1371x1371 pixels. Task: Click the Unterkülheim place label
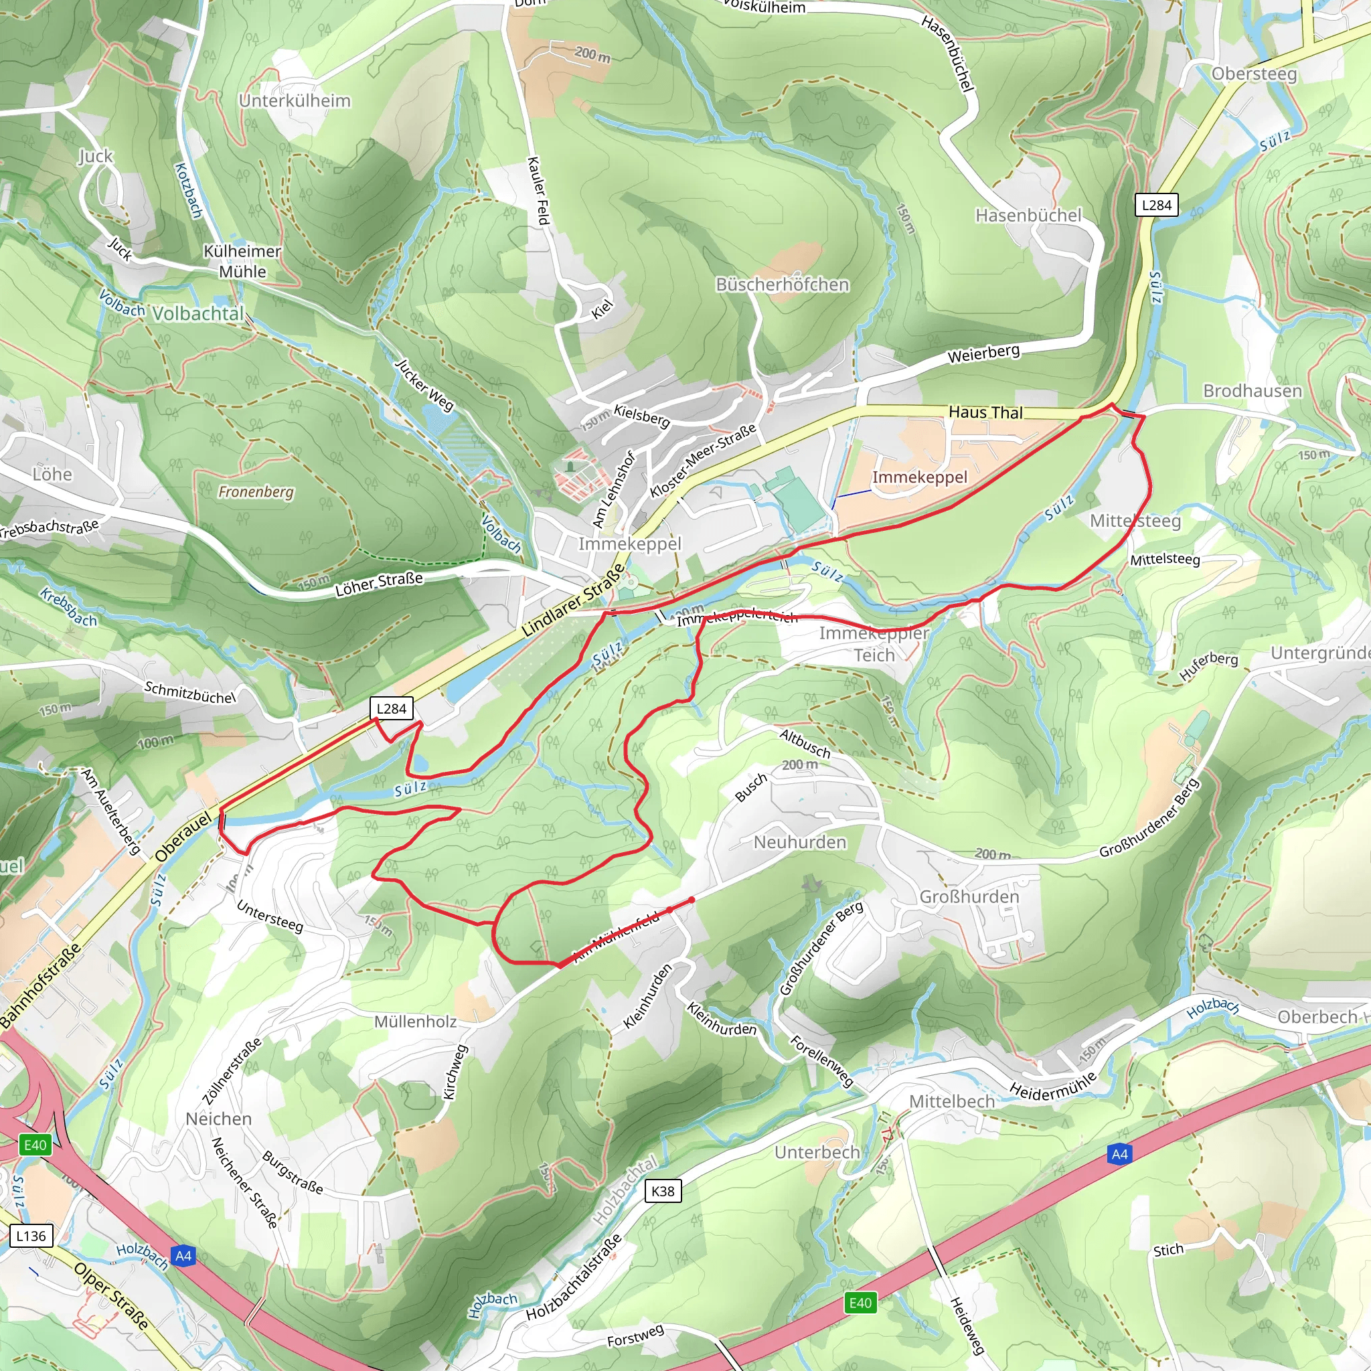click(295, 101)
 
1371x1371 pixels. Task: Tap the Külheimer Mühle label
click(242, 261)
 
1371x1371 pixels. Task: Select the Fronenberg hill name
click(256, 492)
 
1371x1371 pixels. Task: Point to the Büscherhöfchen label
click(782, 285)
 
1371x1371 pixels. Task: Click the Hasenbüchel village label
click(1028, 215)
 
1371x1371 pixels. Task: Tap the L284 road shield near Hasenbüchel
click(1156, 205)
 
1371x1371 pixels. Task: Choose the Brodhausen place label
click(1253, 391)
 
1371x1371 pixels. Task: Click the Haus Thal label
click(985, 412)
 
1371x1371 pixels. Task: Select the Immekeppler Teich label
click(874, 643)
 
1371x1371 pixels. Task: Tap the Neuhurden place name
click(800, 842)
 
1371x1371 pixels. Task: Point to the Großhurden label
click(969, 897)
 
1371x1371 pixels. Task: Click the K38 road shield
click(663, 1191)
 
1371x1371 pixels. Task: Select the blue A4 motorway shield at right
click(1119, 1155)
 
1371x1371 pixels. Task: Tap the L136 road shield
click(31, 1236)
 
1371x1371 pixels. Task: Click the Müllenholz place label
click(415, 1022)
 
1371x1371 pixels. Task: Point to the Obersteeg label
click(1254, 74)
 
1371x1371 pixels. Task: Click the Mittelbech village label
click(952, 1101)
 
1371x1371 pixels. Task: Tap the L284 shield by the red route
click(391, 708)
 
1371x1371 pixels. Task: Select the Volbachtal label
click(198, 314)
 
